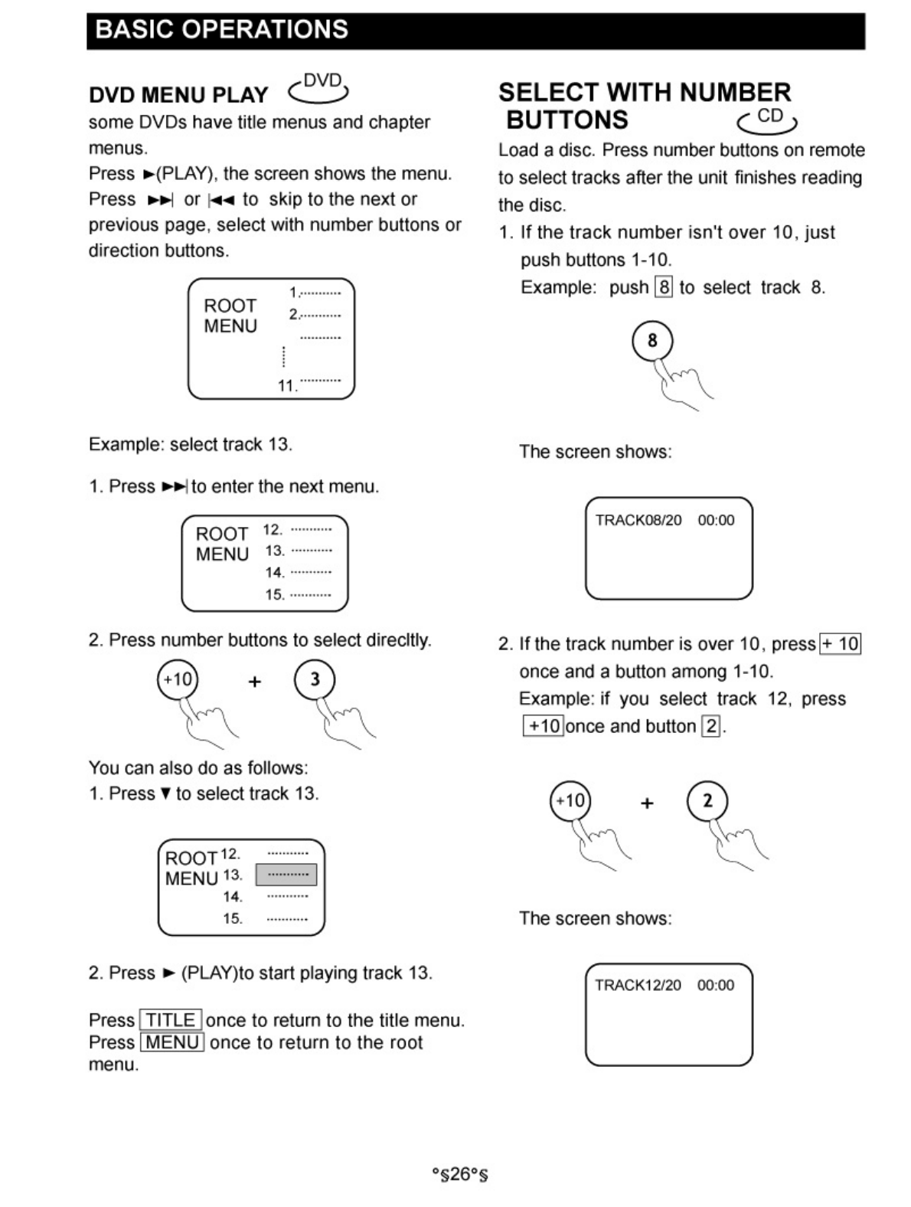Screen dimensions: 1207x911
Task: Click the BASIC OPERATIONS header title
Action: (x=222, y=30)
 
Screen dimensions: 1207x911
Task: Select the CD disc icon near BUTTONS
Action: (x=768, y=119)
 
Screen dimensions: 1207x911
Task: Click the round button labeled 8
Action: (x=652, y=341)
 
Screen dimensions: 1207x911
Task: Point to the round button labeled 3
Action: (x=315, y=679)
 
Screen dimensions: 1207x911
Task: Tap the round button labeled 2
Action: (x=707, y=801)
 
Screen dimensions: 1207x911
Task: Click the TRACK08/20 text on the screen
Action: (x=638, y=521)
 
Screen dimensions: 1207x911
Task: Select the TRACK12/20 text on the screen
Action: (x=638, y=986)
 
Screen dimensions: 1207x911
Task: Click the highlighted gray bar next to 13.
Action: (x=286, y=875)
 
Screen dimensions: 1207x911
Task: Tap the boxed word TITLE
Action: (x=171, y=1020)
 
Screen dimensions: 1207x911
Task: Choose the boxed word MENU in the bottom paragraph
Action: (x=172, y=1042)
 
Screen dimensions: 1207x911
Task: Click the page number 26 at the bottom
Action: (x=459, y=1174)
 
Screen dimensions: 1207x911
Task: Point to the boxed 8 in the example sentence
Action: (x=664, y=288)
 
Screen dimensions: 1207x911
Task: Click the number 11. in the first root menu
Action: (x=287, y=386)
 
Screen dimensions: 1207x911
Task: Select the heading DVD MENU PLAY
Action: (x=178, y=95)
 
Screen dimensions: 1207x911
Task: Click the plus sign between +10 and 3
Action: (x=255, y=681)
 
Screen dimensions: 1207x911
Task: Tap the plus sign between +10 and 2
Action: (x=648, y=803)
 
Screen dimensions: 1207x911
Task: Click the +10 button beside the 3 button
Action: (x=178, y=679)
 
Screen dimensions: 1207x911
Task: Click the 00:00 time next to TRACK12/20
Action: (x=716, y=986)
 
